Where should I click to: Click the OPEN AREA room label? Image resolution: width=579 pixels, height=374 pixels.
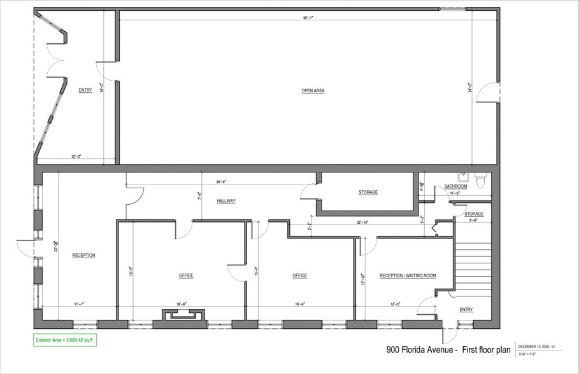point(313,91)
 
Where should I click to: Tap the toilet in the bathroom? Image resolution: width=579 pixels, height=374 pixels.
point(481,183)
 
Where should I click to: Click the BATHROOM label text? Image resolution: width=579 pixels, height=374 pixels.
point(455,186)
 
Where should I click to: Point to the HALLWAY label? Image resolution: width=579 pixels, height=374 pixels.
point(226,201)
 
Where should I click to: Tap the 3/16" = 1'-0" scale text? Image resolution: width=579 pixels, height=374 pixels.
point(527,354)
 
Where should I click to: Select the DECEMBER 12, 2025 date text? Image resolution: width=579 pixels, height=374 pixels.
point(536,346)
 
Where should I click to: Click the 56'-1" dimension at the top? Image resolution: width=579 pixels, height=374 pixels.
point(308,18)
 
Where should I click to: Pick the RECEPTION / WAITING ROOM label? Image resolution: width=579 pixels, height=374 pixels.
point(408,275)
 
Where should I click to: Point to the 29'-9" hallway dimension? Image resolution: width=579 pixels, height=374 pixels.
point(222,183)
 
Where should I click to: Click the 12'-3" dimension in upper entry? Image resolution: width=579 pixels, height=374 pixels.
point(76,156)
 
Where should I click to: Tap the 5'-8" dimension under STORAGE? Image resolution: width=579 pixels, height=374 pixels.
point(473,221)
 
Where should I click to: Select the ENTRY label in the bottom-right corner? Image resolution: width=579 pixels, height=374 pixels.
point(466,310)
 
